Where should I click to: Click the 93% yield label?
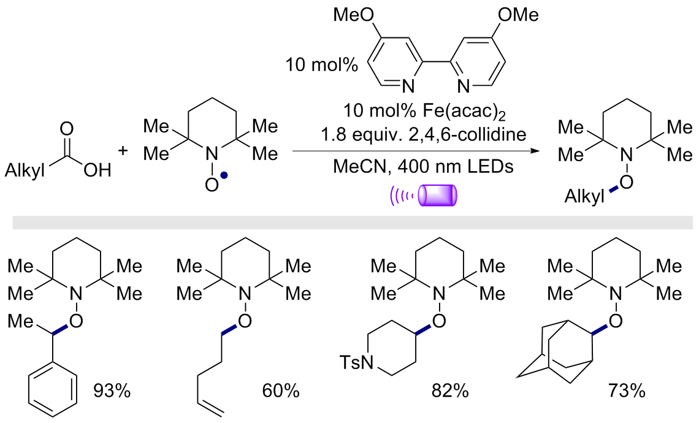point(112,391)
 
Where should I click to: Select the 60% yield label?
point(280,391)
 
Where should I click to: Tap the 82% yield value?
point(450,391)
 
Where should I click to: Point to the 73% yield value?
point(626,391)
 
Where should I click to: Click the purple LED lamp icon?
point(438,196)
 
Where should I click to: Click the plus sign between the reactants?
point(123,151)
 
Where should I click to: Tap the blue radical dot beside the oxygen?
point(224,176)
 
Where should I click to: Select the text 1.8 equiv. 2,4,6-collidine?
point(424,134)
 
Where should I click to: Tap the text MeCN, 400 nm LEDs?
point(424,167)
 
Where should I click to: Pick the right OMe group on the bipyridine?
point(518,15)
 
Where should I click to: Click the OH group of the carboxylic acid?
point(97,170)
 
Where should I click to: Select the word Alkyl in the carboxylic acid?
point(25,170)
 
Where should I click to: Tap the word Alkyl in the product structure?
point(584,196)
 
